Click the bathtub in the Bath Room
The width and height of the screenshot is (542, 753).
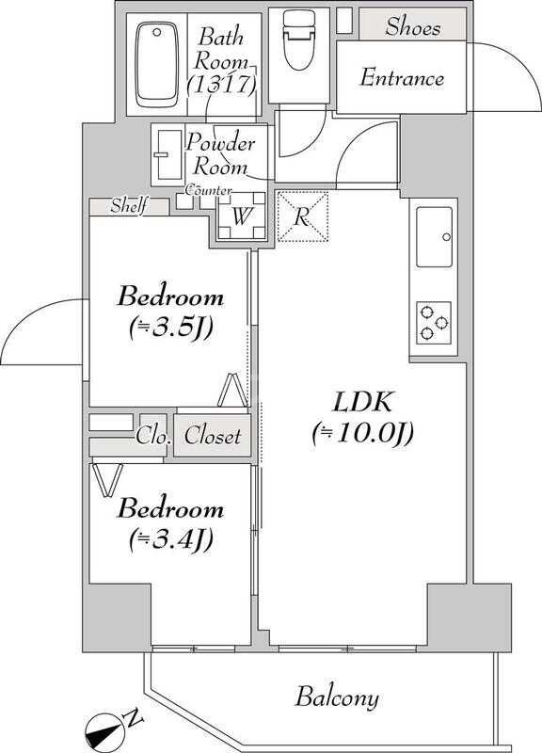[x=156, y=64]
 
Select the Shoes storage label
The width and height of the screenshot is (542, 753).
[x=413, y=26]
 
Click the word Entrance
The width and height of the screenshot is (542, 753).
[x=402, y=78]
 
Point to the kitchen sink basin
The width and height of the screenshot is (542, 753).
[x=434, y=237]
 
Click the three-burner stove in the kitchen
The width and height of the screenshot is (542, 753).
[x=434, y=323]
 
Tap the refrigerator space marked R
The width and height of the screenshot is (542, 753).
[x=302, y=216]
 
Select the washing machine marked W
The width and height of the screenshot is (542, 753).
[x=241, y=216]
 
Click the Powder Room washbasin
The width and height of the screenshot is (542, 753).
[x=168, y=154]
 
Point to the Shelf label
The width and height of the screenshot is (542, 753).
[x=128, y=206]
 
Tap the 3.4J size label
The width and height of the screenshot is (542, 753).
[x=170, y=539]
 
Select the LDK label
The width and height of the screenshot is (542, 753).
[x=362, y=403]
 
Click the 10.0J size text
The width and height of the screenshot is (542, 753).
[x=362, y=434]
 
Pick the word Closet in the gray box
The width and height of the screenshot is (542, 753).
[x=213, y=436]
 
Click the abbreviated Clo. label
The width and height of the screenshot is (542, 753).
[x=153, y=436]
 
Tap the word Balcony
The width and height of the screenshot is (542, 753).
[x=337, y=697]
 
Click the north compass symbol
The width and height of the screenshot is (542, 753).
[x=111, y=725]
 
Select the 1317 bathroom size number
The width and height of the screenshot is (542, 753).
[x=221, y=85]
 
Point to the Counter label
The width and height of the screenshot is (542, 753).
[x=208, y=190]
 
